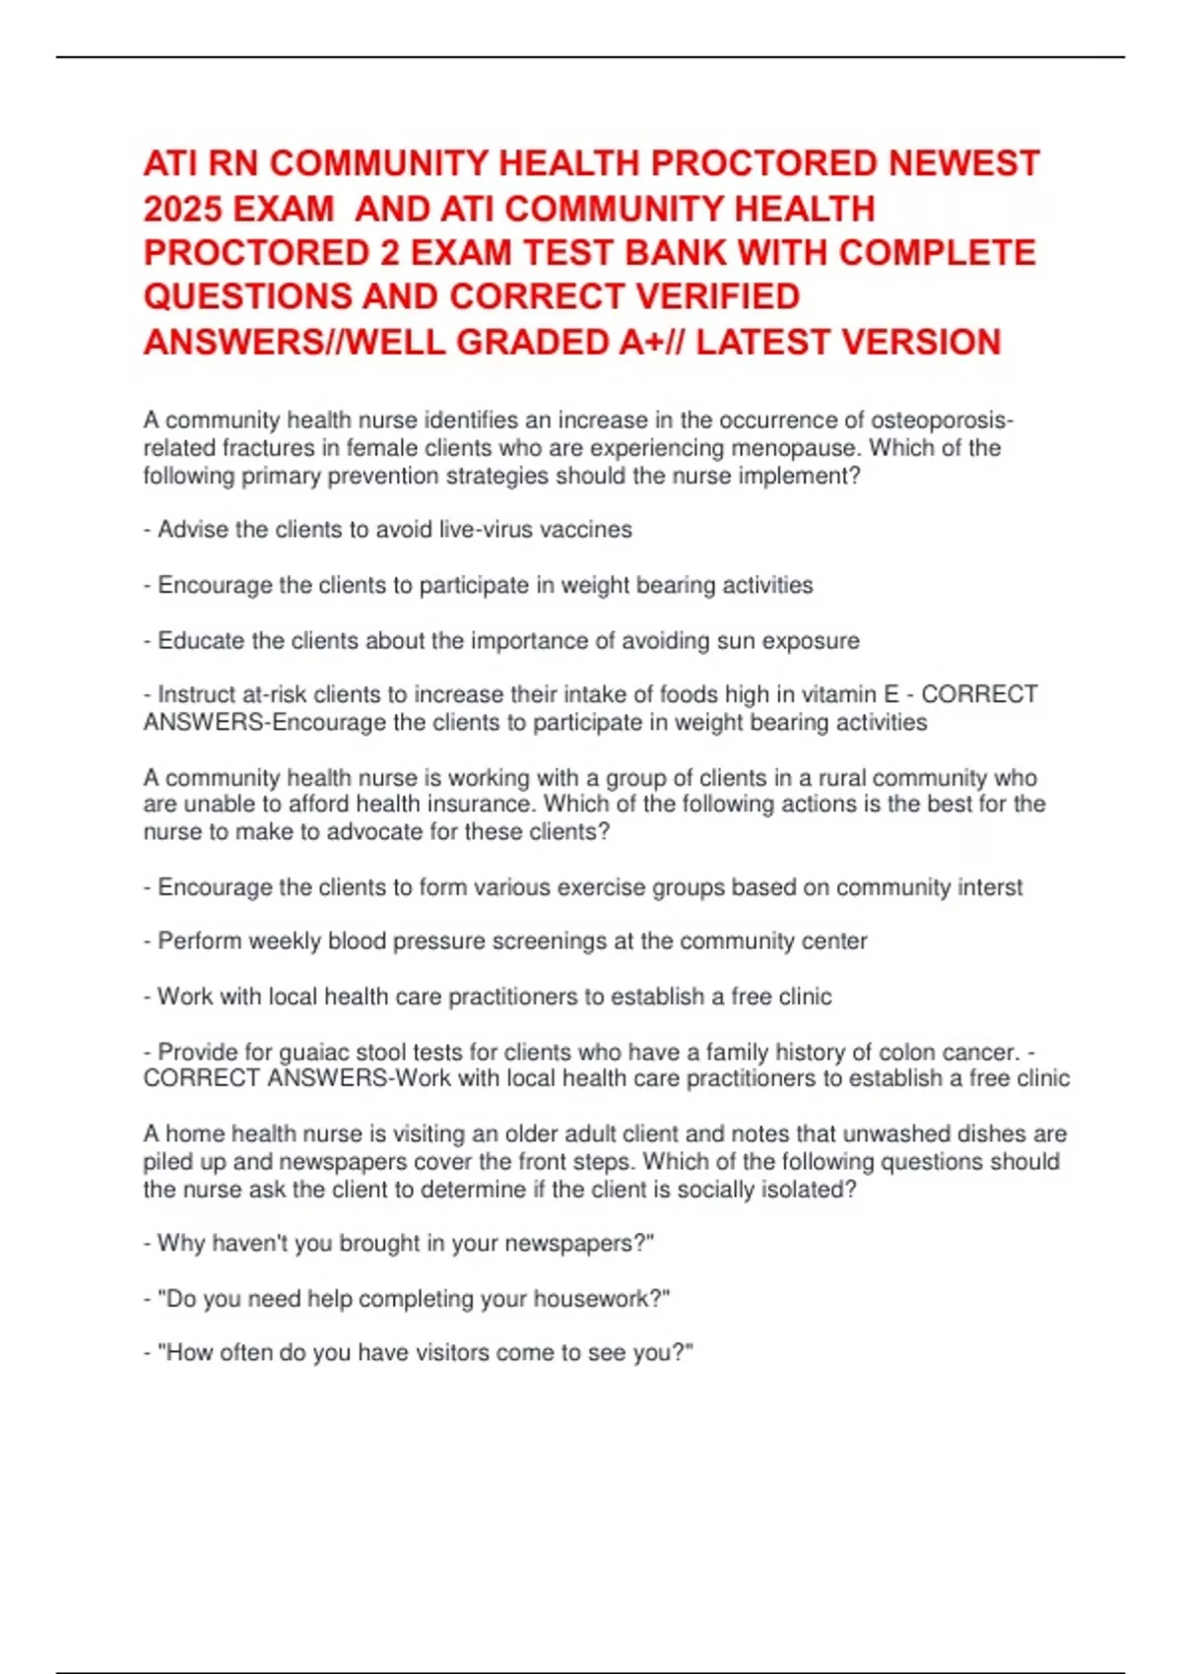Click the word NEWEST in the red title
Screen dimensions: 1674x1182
pyautogui.click(x=963, y=163)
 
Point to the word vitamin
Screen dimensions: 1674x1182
pyautogui.click(x=836, y=694)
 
